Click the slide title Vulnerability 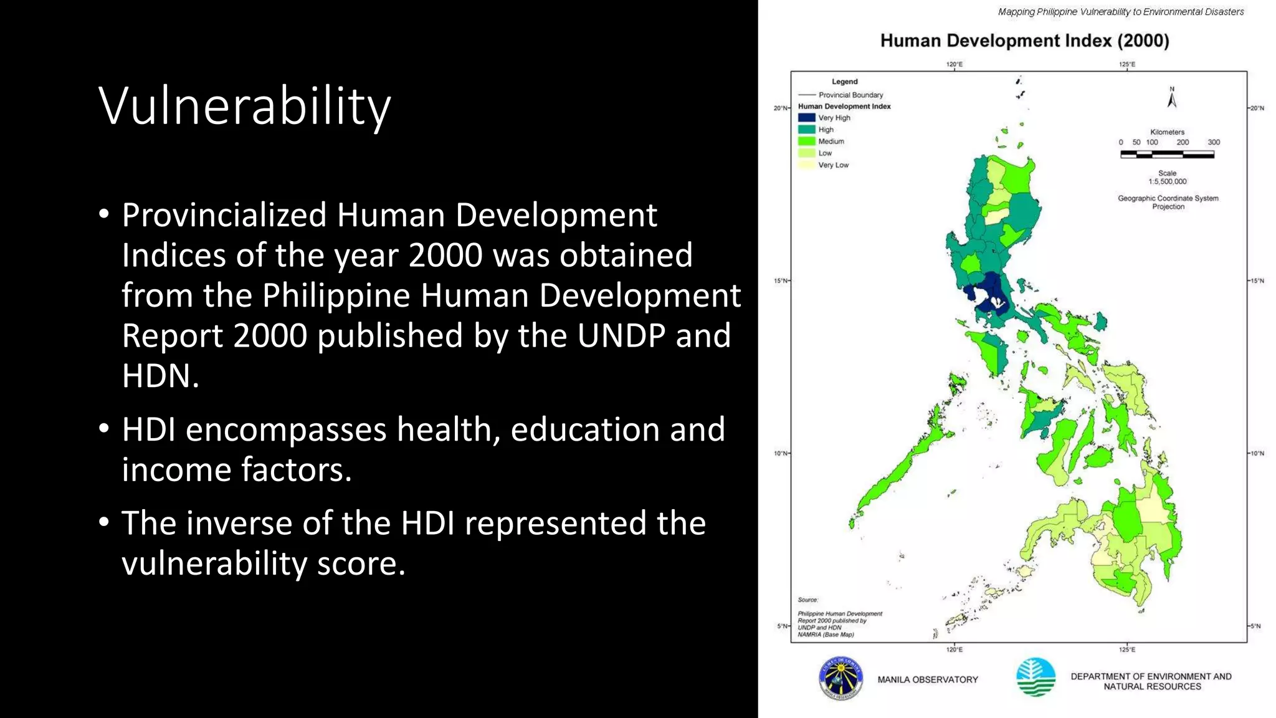point(244,107)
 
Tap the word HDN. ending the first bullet point(160,376)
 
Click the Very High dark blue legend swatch point(806,118)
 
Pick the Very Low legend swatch point(806,165)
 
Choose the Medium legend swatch point(806,141)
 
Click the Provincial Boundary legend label point(850,95)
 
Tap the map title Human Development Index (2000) point(1024,41)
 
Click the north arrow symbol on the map point(1171,98)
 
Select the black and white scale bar point(1167,155)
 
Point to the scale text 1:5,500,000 point(1168,181)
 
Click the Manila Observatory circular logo point(840,679)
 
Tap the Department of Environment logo point(1036,677)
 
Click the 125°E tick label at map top point(1126,64)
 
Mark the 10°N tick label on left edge point(780,453)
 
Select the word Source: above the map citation point(807,600)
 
